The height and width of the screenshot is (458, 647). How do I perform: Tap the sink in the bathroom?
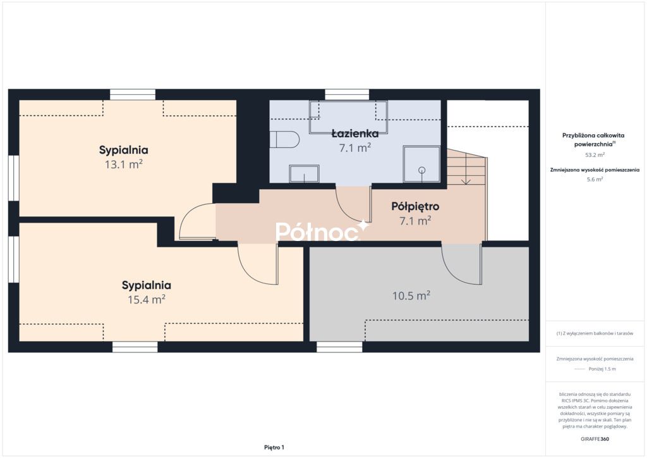304,173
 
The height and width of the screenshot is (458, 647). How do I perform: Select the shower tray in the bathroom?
421,164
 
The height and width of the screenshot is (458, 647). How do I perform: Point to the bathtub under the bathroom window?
348,117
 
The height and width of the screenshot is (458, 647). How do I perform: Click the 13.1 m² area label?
123,164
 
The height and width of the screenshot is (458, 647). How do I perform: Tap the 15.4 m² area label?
147,299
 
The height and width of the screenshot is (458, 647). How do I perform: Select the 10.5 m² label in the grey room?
411,295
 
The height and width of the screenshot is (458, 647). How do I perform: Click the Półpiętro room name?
415,206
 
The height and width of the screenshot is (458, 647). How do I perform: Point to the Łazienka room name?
355,133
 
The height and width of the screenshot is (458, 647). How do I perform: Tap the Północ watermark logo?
322,231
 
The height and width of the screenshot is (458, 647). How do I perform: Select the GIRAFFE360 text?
595,439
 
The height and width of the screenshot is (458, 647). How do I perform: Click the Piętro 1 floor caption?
274,447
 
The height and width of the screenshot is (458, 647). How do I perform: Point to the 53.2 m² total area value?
595,155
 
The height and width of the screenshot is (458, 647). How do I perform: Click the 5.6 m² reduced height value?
595,179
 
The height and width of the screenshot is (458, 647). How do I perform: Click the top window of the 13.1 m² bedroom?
133,95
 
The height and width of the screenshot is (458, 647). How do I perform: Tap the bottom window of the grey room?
339,347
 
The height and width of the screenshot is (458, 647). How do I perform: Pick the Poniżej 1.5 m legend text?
602,369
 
